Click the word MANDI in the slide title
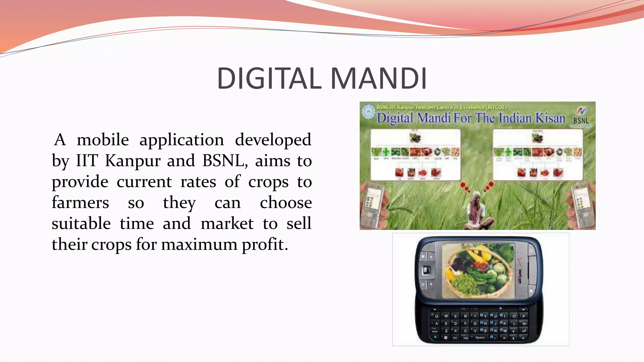(379, 79)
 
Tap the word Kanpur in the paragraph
(132, 161)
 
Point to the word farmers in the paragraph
(80, 203)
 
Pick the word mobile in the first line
(103, 140)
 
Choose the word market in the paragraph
(227, 224)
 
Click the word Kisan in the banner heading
(550, 118)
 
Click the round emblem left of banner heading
(367, 112)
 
